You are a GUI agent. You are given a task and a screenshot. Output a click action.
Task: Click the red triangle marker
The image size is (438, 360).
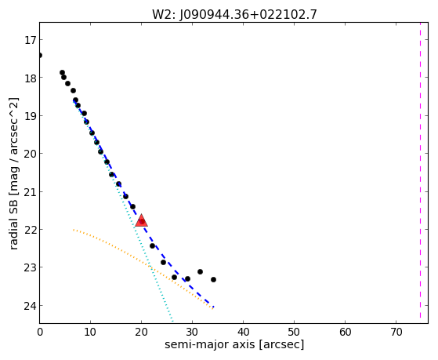click(141, 220)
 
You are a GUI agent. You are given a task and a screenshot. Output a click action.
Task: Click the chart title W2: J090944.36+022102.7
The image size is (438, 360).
click(234, 14)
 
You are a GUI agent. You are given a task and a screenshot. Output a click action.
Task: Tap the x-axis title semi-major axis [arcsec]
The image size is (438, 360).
click(234, 344)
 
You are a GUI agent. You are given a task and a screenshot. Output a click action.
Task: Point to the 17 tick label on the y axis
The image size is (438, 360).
click(30, 40)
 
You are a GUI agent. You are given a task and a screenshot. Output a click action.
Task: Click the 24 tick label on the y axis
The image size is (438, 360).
click(30, 306)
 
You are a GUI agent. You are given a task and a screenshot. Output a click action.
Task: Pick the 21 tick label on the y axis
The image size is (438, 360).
click(30, 192)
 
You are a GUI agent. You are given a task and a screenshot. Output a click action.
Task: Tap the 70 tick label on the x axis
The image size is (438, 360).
click(396, 333)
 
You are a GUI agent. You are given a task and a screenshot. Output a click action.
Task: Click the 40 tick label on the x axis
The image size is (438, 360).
click(244, 333)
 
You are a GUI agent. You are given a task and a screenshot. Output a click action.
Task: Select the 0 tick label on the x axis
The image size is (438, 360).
click(40, 333)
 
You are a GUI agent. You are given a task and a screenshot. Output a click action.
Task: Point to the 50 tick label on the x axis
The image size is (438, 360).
click(294, 333)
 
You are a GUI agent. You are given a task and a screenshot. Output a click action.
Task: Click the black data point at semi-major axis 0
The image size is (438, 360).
click(40, 55)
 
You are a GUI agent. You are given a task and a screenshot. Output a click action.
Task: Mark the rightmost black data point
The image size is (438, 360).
click(213, 279)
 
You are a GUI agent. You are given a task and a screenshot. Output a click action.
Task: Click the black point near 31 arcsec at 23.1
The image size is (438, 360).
click(200, 271)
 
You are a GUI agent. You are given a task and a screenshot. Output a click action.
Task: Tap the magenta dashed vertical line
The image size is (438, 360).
click(420, 171)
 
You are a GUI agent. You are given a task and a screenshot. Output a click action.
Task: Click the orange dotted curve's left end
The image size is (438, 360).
click(74, 230)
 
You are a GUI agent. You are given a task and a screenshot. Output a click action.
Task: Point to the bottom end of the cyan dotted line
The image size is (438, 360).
click(172, 321)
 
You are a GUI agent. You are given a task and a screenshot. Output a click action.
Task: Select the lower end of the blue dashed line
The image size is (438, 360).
click(213, 307)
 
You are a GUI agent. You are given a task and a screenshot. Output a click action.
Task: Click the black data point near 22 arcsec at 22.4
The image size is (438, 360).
click(152, 245)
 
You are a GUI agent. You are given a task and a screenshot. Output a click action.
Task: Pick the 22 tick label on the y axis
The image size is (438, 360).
click(30, 230)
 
